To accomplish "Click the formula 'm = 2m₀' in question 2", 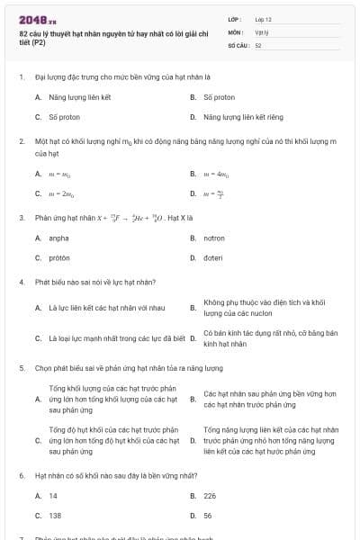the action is pyautogui.click(x=59, y=193).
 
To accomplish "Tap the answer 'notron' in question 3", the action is pyautogui.click(x=213, y=238).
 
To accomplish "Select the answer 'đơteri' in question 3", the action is pyautogui.click(x=213, y=257).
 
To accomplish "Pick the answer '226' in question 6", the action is pyautogui.click(x=210, y=495).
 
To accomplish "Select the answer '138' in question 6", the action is pyautogui.click(x=54, y=515).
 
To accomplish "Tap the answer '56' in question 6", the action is pyautogui.click(x=208, y=515).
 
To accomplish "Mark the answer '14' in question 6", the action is pyautogui.click(x=53, y=495).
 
